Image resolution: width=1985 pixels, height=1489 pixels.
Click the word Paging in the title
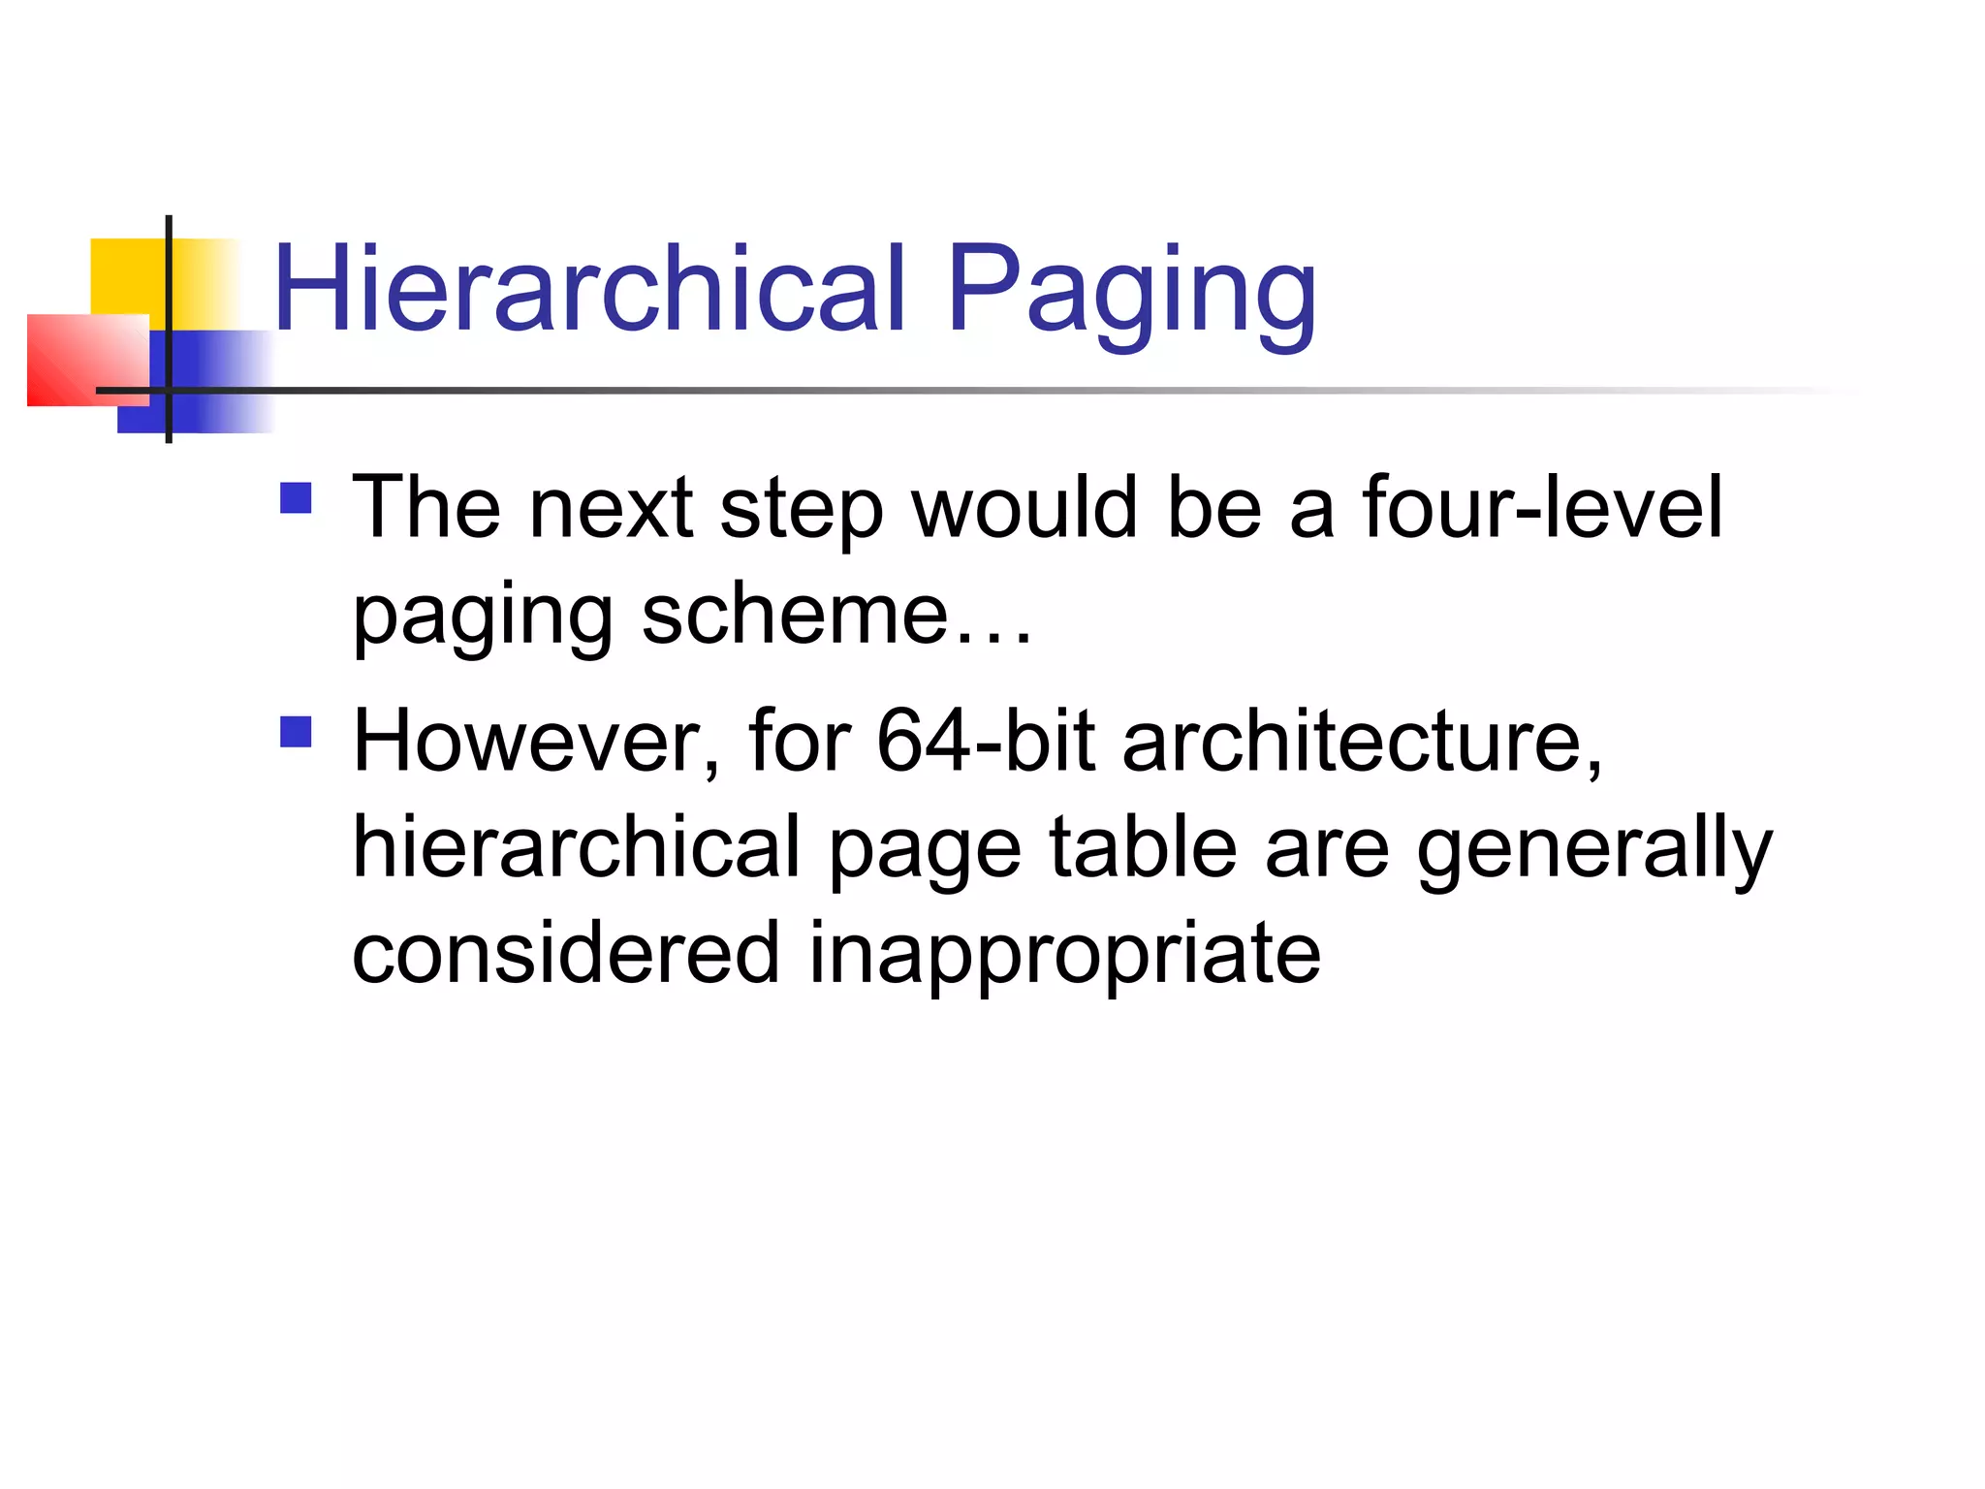(1132, 291)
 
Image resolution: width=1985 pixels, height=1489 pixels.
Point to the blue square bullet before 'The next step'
(296, 498)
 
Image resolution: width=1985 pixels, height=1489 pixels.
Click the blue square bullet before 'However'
(296, 732)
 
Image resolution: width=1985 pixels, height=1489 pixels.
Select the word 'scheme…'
(837, 615)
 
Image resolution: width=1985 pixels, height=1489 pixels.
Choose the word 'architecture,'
(1363, 742)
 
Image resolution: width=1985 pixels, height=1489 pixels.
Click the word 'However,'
(537, 742)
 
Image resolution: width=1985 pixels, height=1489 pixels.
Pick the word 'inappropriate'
(1064, 954)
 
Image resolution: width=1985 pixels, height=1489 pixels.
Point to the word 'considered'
(566, 954)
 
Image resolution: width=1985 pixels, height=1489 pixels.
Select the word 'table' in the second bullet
(1144, 847)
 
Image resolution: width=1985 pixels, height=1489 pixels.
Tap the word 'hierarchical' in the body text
(578, 847)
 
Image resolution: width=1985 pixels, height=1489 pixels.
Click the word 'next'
(612, 509)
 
